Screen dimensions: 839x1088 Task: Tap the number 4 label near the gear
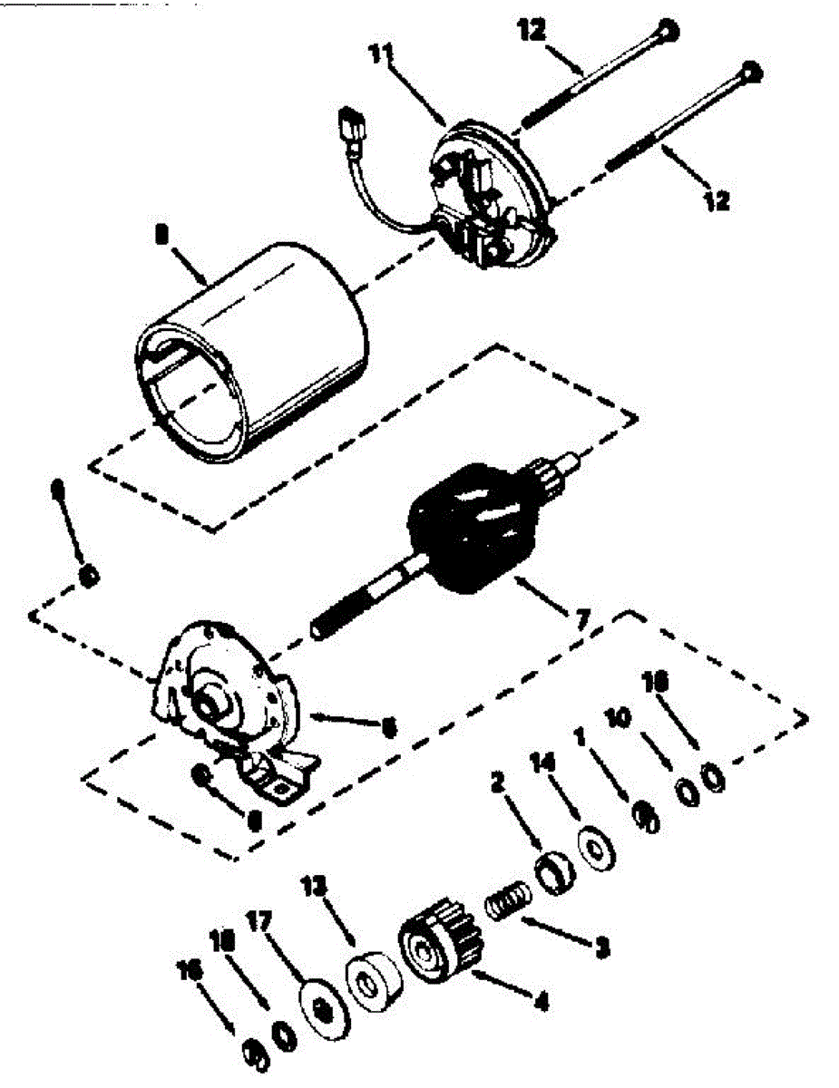coord(541,1003)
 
